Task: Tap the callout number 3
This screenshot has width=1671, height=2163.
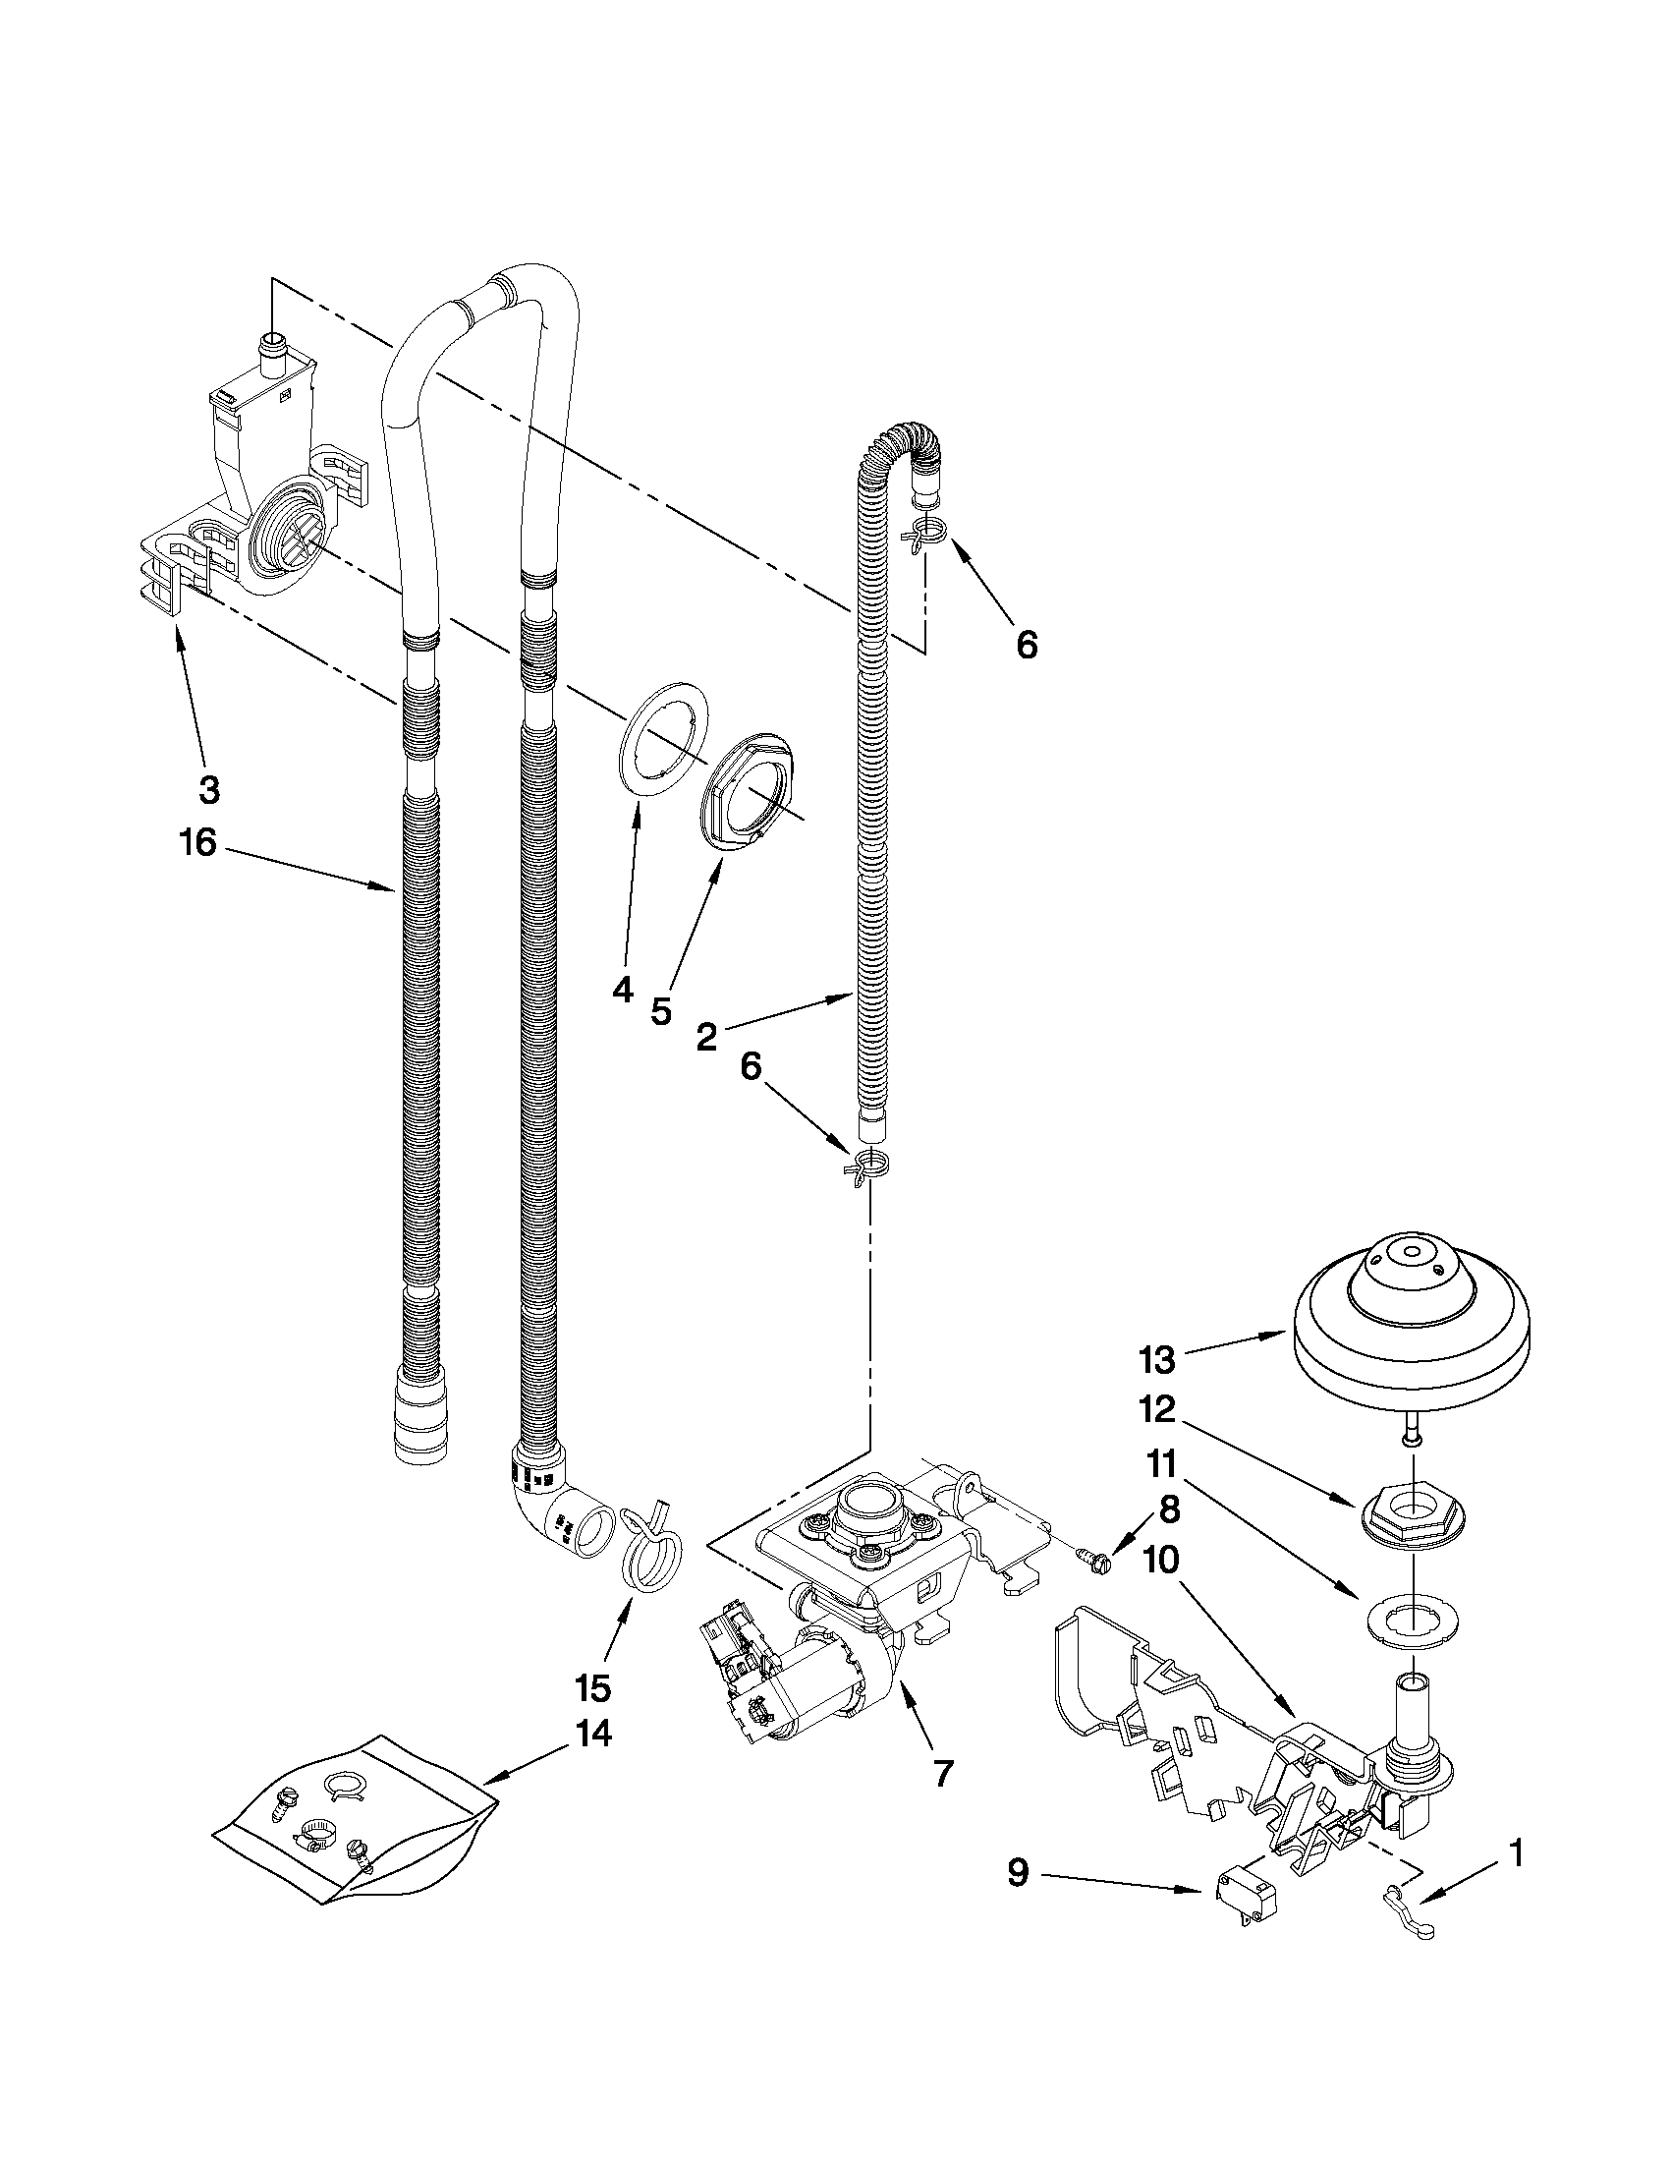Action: click(x=209, y=789)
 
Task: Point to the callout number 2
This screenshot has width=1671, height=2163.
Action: click(x=705, y=1036)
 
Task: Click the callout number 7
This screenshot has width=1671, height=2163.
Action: click(x=942, y=1773)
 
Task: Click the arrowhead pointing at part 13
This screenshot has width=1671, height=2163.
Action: click(x=1283, y=1338)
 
